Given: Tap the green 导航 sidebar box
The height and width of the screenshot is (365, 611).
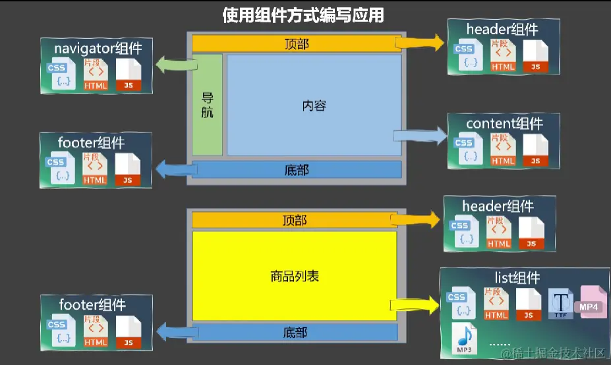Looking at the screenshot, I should pyautogui.click(x=207, y=105).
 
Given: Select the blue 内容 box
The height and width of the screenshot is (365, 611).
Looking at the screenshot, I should pyautogui.click(x=314, y=105).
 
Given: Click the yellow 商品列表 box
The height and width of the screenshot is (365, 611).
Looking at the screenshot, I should pyautogui.click(x=295, y=276).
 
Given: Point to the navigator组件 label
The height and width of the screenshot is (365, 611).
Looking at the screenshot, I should pyautogui.click(x=98, y=48).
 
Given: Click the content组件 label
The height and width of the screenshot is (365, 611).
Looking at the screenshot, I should pyautogui.click(x=504, y=123).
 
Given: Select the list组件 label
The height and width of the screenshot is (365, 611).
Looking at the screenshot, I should pyautogui.click(x=517, y=277).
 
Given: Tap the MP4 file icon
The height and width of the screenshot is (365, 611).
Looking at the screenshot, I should pyautogui.click(x=593, y=302).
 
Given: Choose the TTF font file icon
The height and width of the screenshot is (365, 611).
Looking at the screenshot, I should pyautogui.click(x=562, y=304).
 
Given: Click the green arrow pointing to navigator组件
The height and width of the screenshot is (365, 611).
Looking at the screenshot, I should pyautogui.click(x=177, y=64).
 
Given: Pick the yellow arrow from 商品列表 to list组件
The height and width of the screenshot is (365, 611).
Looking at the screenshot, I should pyautogui.click(x=415, y=304).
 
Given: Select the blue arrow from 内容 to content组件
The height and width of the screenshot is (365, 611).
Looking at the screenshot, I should pyautogui.click(x=420, y=136).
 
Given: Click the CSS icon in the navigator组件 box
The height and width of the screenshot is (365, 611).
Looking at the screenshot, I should pyautogui.click(x=58, y=76).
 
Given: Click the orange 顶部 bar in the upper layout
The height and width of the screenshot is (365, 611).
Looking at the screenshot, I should pyautogui.click(x=297, y=44).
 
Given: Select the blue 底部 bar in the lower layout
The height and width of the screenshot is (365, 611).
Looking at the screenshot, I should pyautogui.click(x=295, y=332).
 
